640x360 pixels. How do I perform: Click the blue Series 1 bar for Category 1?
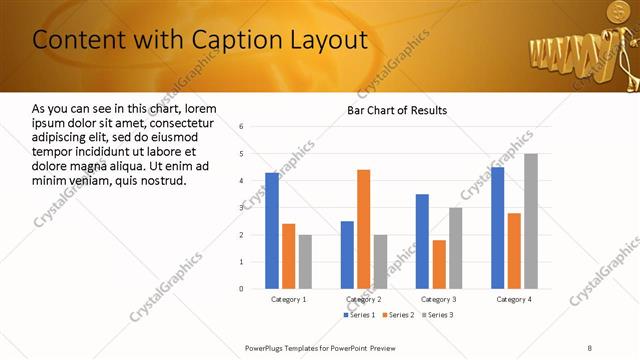(x=272, y=230)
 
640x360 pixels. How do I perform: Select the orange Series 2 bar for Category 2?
(x=363, y=229)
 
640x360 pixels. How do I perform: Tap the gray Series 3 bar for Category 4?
(x=531, y=221)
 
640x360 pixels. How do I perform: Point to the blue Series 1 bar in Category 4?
(x=498, y=228)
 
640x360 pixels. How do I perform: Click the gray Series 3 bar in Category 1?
(x=305, y=261)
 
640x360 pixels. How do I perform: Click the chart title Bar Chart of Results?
(x=397, y=110)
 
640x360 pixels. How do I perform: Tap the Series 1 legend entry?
(x=361, y=315)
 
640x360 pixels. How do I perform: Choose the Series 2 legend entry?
(x=398, y=315)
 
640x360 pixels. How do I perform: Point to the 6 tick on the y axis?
(x=242, y=127)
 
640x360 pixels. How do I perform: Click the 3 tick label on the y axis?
(x=242, y=208)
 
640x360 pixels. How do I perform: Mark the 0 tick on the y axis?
(x=242, y=289)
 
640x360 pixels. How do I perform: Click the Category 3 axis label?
(x=439, y=299)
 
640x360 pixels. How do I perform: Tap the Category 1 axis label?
(x=289, y=299)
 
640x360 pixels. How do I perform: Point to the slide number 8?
(x=590, y=347)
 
